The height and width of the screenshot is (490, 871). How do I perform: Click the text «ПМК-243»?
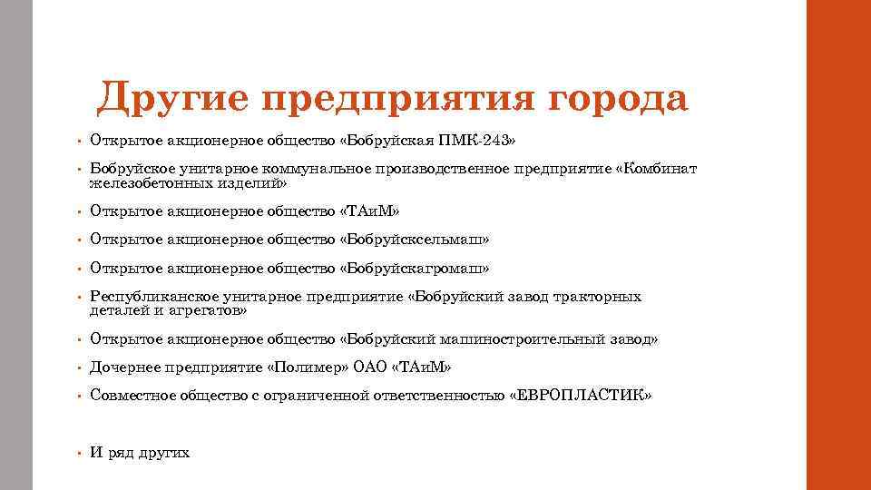pyautogui.click(x=480, y=141)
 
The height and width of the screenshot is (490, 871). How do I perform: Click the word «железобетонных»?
pyautogui.click(x=146, y=183)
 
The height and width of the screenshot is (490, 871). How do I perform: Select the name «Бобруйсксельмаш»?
pyautogui.click(x=414, y=240)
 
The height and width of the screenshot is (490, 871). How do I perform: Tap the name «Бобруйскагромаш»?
pyautogui.click(x=414, y=269)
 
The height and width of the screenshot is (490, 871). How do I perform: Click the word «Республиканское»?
pyautogui.click(x=153, y=297)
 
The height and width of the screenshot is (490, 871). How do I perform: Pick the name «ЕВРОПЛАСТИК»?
pyautogui.click(x=582, y=396)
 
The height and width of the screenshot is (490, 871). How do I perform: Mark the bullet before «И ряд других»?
pyautogui.click(x=79, y=453)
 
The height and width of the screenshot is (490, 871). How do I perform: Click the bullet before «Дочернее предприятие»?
pyautogui.click(x=79, y=368)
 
